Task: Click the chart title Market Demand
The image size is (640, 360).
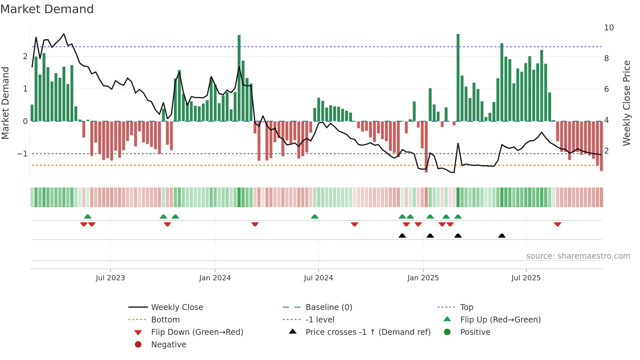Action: click(47, 9)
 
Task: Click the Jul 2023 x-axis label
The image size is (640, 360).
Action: click(110, 278)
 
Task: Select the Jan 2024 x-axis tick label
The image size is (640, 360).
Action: click(215, 278)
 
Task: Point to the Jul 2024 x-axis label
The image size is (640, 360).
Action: click(318, 278)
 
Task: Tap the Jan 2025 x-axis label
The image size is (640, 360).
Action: click(423, 278)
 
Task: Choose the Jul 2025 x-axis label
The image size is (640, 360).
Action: click(526, 278)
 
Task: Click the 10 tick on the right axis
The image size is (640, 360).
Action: click(609, 28)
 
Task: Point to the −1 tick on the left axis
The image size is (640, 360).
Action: click(22, 154)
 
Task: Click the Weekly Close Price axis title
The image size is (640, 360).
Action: click(626, 103)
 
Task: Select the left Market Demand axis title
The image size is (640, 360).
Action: click(5, 103)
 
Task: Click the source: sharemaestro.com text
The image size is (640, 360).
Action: click(578, 256)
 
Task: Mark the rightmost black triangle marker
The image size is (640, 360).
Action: click(502, 236)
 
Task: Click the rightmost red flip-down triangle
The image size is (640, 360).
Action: click(557, 224)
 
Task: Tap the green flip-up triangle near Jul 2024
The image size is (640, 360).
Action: click(314, 217)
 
